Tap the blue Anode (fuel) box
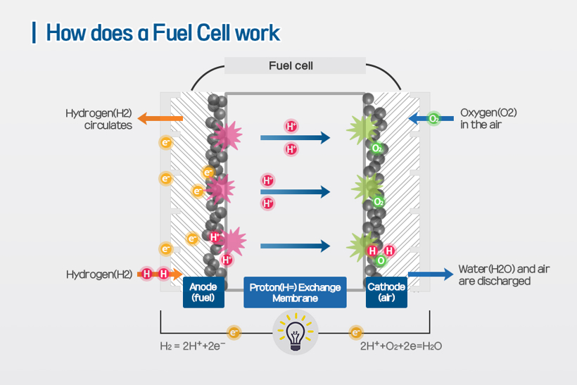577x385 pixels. coord(203,292)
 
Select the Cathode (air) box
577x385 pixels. coord(387,292)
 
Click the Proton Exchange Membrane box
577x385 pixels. coord(296,292)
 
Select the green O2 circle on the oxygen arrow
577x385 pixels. coord(433,118)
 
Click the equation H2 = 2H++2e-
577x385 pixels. coord(192,346)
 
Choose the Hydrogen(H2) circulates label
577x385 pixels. coord(99,118)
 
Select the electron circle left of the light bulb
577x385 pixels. coord(234,332)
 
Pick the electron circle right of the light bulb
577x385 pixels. coord(357,332)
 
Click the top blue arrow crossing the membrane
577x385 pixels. coord(295,137)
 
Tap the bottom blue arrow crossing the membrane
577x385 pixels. coord(295,246)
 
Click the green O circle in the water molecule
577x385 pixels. coord(381,260)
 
